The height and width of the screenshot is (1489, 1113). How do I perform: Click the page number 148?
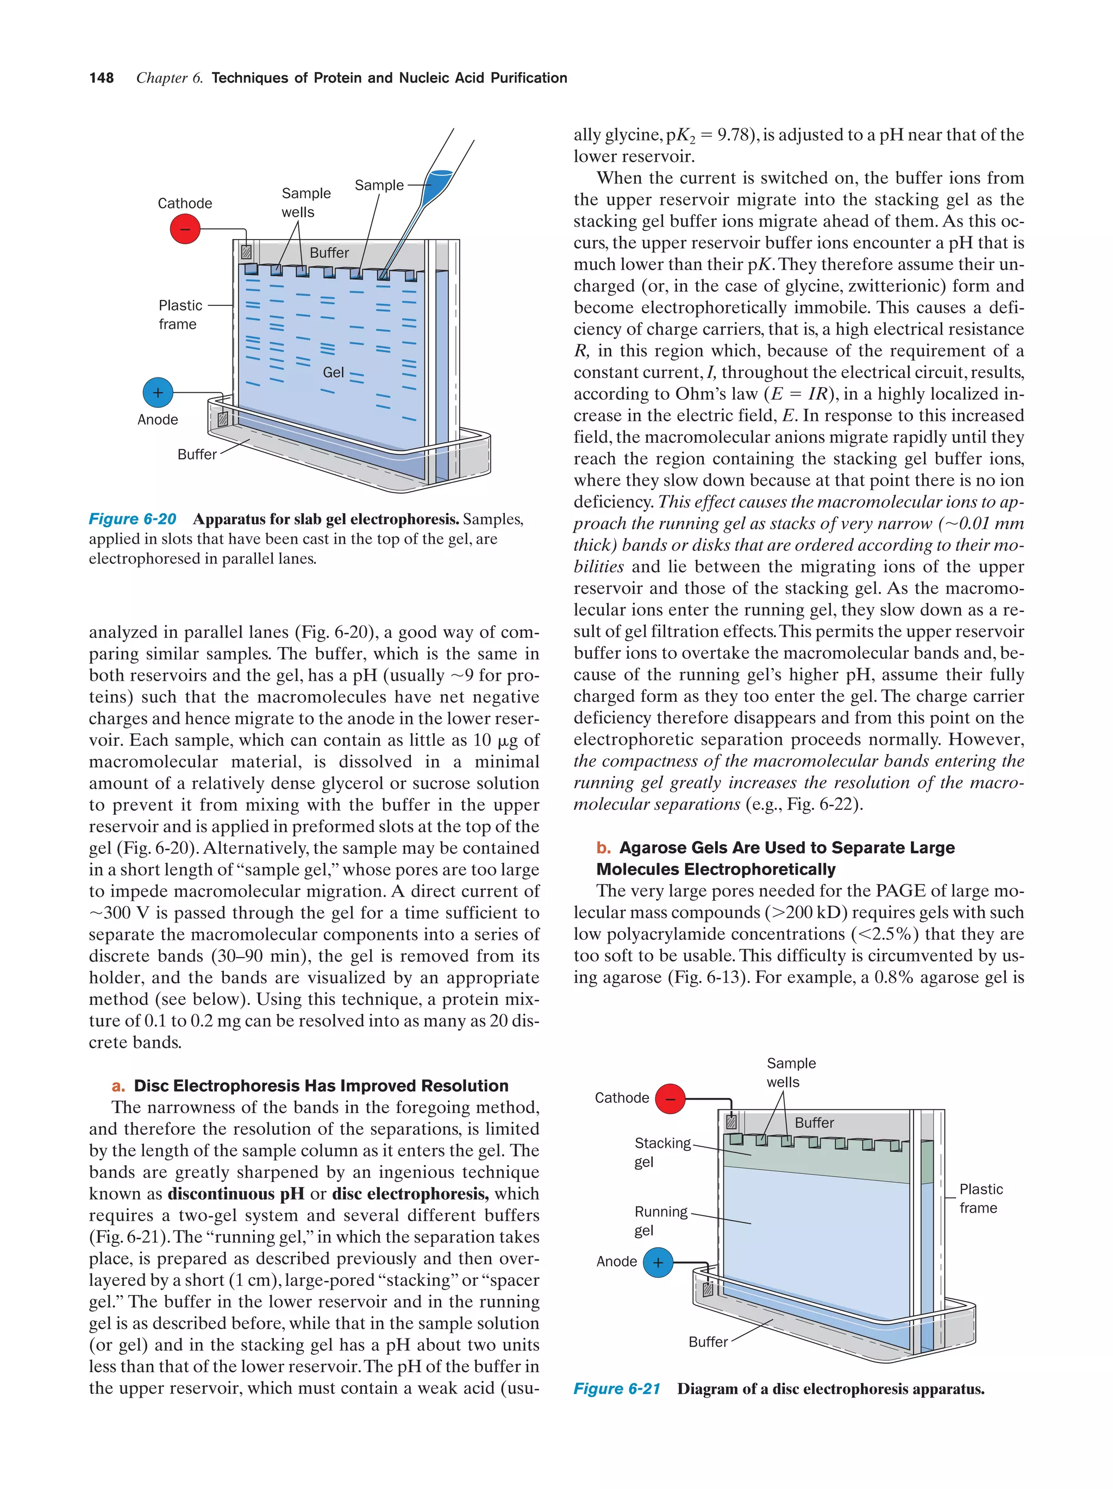(101, 78)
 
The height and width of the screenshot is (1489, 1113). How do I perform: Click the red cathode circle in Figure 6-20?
(185, 229)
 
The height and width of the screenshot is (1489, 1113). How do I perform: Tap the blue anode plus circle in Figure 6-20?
(158, 392)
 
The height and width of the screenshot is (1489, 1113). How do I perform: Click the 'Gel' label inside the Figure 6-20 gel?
(333, 372)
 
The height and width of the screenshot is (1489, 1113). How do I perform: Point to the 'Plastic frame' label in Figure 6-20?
(179, 315)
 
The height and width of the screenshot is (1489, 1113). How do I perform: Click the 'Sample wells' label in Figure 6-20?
(305, 202)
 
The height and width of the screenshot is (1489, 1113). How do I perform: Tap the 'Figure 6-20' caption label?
(132, 519)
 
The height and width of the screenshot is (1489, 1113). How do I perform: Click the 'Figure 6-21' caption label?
(616, 1389)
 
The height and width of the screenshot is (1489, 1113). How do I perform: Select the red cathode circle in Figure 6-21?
(670, 1098)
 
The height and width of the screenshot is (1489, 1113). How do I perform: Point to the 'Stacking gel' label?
(662, 1152)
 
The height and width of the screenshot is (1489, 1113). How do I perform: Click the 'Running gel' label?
(660, 1221)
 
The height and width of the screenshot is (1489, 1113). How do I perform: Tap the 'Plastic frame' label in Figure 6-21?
(980, 1198)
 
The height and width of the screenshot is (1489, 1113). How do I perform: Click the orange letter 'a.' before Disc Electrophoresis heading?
(119, 1086)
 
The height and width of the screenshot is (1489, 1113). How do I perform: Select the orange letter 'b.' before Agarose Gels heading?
(603, 847)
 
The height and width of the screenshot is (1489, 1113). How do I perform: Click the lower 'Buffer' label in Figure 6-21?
(708, 1342)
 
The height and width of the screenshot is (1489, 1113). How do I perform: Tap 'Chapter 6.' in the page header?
(169, 78)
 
